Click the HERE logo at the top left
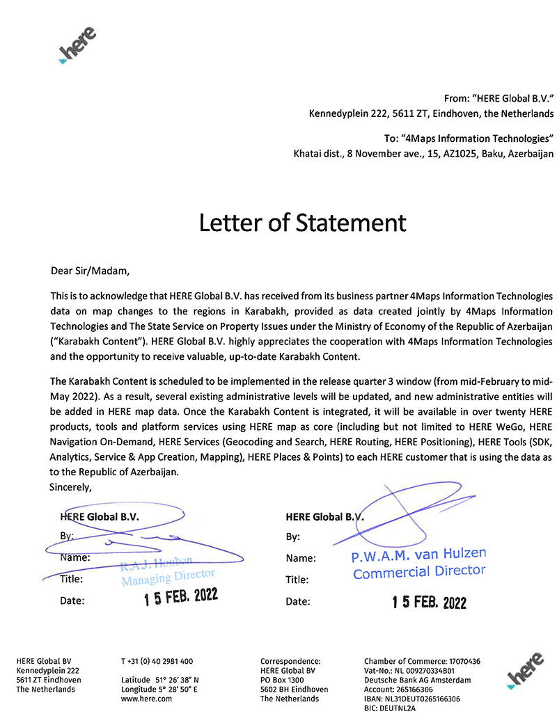[x=77, y=47]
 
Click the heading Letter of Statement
[x=302, y=223]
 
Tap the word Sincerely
[x=71, y=486]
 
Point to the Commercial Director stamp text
[x=418, y=573]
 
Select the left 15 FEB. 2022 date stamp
[x=181, y=598]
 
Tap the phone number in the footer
[x=157, y=661]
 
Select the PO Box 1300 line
[x=282, y=680]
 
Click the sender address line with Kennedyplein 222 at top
[x=431, y=113]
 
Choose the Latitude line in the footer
[x=160, y=680]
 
